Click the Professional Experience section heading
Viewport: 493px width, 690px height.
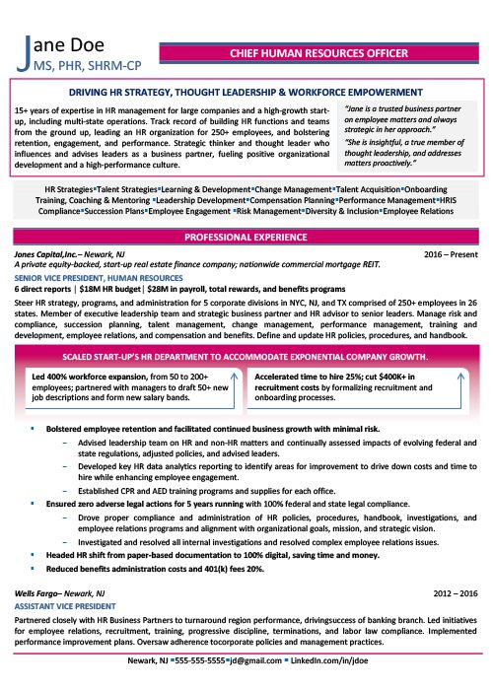pyautogui.click(x=246, y=238)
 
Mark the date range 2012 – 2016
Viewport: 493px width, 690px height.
pyautogui.click(x=457, y=595)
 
